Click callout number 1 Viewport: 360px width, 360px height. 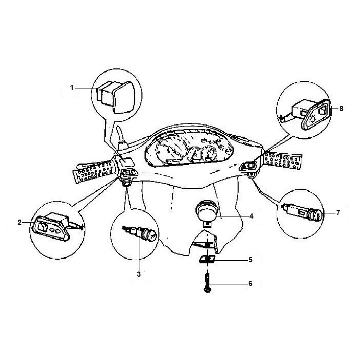point(72,88)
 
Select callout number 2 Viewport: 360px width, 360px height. point(20,222)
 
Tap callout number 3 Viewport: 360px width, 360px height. point(139,274)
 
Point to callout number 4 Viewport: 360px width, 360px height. point(251,216)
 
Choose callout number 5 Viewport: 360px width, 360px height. point(250,260)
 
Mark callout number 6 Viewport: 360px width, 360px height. point(250,283)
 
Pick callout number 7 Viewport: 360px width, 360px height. point(338,212)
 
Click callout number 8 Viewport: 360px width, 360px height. point(341,109)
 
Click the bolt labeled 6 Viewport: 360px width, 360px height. point(207,283)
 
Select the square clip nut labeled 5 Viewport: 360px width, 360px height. point(207,259)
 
